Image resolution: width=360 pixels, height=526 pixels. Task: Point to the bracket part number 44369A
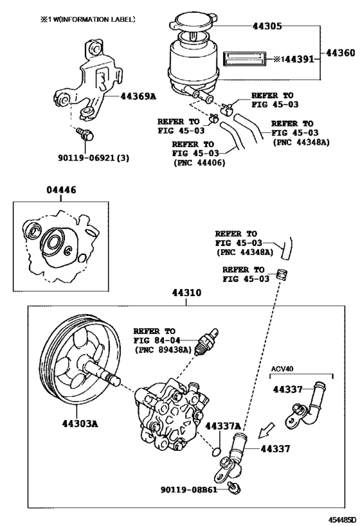click(x=139, y=97)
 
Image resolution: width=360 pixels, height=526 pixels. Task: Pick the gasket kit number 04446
click(x=60, y=189)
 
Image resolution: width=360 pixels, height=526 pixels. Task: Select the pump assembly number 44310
click(x=186, y=293)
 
